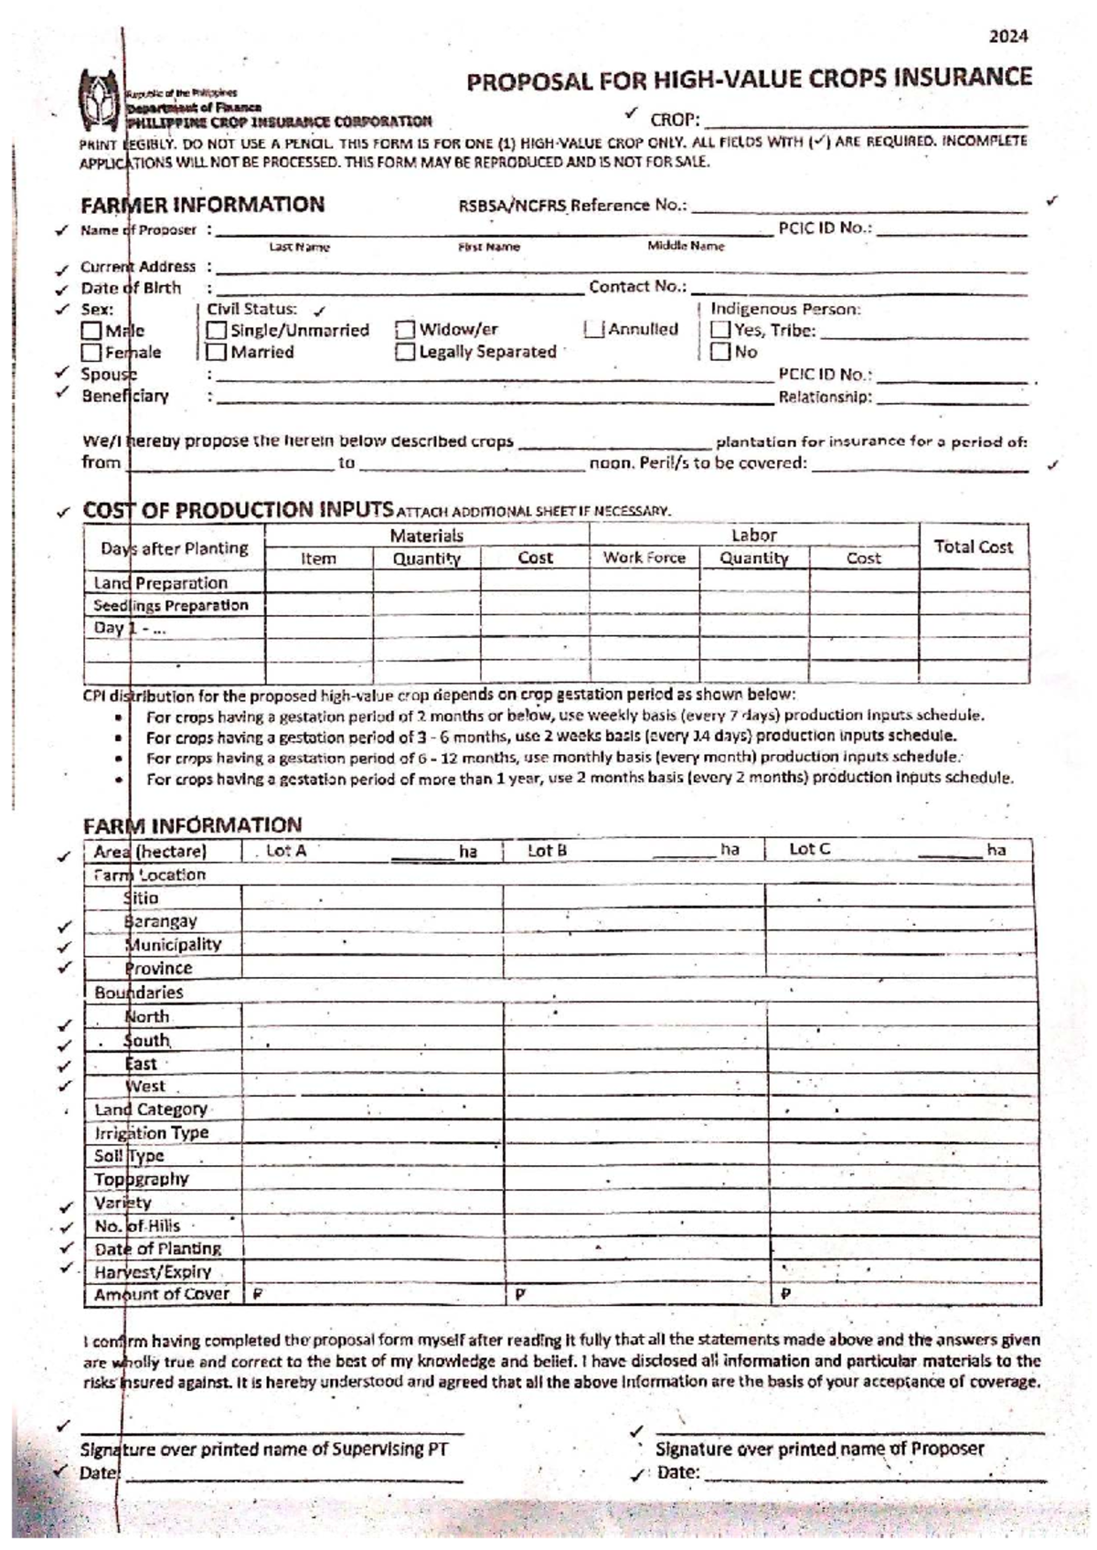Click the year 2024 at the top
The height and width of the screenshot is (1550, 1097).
coord(1008,37)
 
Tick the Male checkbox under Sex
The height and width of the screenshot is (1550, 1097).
coord(91,331)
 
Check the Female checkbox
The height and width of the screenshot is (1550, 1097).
coord(91,353)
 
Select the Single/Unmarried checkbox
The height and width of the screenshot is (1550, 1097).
coord(217,331)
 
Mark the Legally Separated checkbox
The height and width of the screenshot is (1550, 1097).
coord(405,353)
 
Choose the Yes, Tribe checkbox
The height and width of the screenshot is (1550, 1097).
coord(720,331)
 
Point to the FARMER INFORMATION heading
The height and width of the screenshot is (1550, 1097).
coord(202,205)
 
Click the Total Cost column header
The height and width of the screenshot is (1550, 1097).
coord(973,547)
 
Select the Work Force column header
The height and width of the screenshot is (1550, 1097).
coord(644,558)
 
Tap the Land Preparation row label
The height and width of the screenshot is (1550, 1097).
coord(161,583)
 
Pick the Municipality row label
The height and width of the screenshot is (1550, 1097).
coord(174,945)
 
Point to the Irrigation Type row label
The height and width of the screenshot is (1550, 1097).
coord(152,1133)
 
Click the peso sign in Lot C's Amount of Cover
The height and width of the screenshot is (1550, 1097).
coord(786,1295)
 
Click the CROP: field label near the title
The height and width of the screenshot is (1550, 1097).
coord(675,121)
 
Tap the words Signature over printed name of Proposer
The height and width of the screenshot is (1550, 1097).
coord(819,1449)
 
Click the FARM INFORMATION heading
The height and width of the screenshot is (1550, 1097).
coord(192,826)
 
